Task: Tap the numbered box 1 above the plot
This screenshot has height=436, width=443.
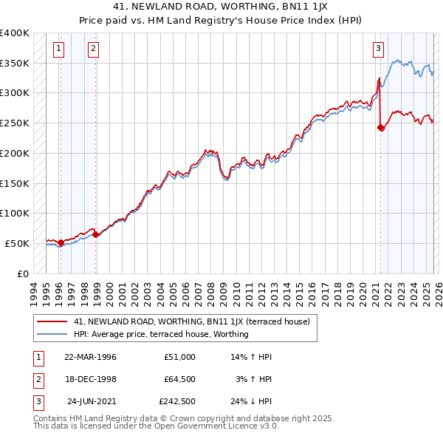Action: coord(59,50)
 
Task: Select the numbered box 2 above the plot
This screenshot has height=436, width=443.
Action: coord(94,50)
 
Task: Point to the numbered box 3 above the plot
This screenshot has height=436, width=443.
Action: coord(377,50)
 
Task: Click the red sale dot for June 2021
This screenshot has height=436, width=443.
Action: coord(381,128)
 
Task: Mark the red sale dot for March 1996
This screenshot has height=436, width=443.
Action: coord(61,242)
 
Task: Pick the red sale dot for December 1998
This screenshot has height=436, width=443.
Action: coord(96,234)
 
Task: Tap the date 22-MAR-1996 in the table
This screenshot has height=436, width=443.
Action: coord(90,357)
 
